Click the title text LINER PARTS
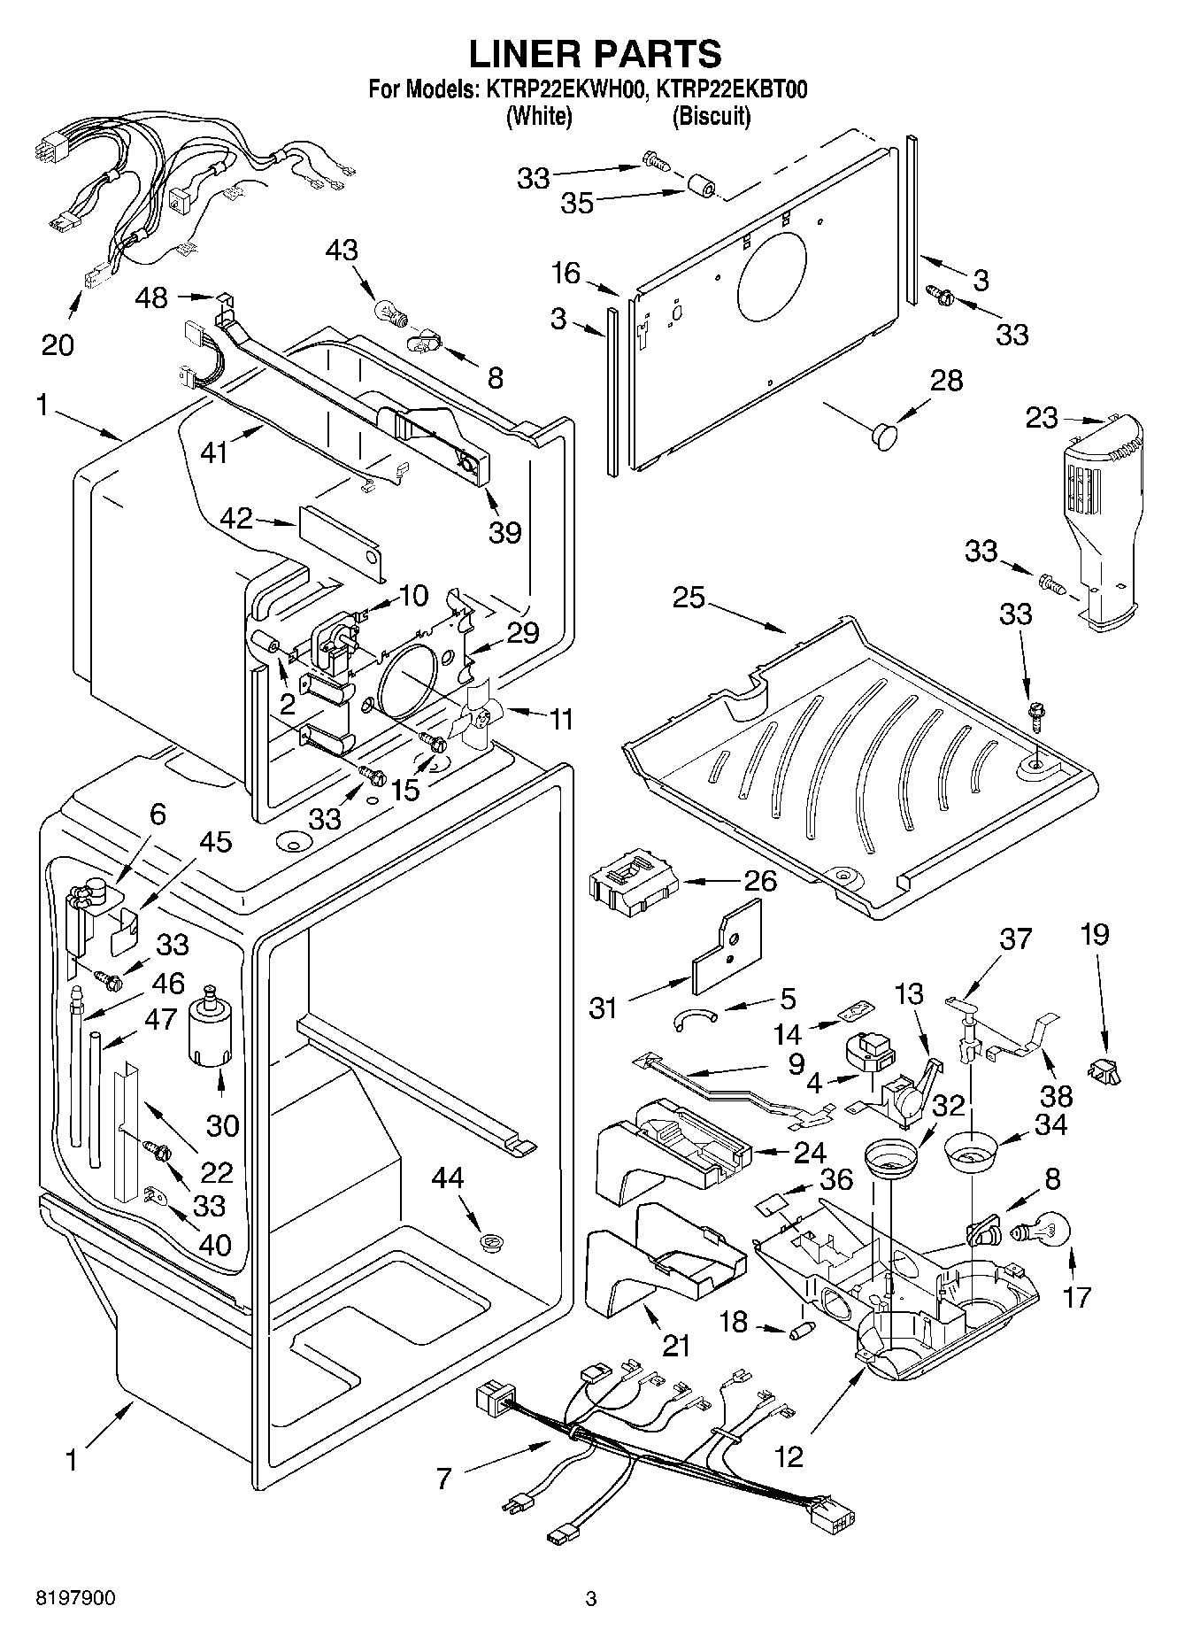point(594,54)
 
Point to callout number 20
point(58,344)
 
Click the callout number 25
point(689,598)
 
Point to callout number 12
point(788,1456)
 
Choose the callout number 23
point(1042,417)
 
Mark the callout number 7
point(443,1478)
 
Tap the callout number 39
point(506,532)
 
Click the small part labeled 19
point(1105,1072)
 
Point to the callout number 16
point(566,274)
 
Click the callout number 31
point(604,1008)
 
